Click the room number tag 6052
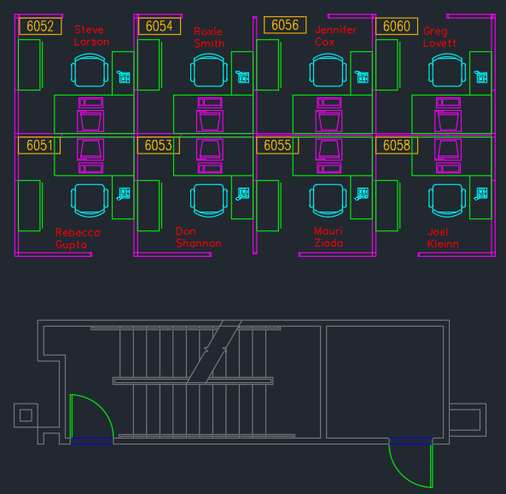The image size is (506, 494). click(x=40, y=26)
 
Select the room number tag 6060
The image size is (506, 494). click(x=397, y=26)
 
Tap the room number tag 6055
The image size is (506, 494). click(x=277, y=146)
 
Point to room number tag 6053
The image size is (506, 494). click(x=159, y=146)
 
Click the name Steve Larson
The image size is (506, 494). click(x=91, y=36)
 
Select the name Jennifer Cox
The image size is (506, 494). click(x=335, y=36)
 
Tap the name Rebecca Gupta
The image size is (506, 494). click(x=78, y=238)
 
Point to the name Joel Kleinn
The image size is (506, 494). click(x=443, y=237)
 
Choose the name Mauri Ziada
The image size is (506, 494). click(x=329, y=237)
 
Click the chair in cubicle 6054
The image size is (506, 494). click(x=209, y=70)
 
